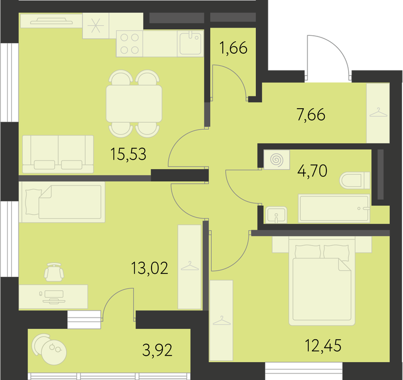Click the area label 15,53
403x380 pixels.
pos(128,154)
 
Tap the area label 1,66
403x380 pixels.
pos(234,48)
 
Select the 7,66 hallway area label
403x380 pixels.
pos(311,115)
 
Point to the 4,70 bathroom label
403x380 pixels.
pos(312,171)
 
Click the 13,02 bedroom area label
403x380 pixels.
pos(149,268)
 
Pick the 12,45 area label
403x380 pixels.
pos(323,345)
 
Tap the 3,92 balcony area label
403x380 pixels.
pos(157,350)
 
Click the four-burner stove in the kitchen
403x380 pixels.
pos(129,43)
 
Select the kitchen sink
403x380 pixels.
pos(190,43)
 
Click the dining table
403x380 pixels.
pos(134,104)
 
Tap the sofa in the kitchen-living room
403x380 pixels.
pos(58,154)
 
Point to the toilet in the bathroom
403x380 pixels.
pos(355,180)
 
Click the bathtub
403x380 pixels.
pos(334,208)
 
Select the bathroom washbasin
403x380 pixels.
pos(276,215)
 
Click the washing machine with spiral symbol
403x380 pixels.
pos(276,160)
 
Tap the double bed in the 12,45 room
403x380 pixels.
pos(322,281)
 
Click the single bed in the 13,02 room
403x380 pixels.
pos(62,202)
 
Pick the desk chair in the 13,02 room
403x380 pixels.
pos(54,272)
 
